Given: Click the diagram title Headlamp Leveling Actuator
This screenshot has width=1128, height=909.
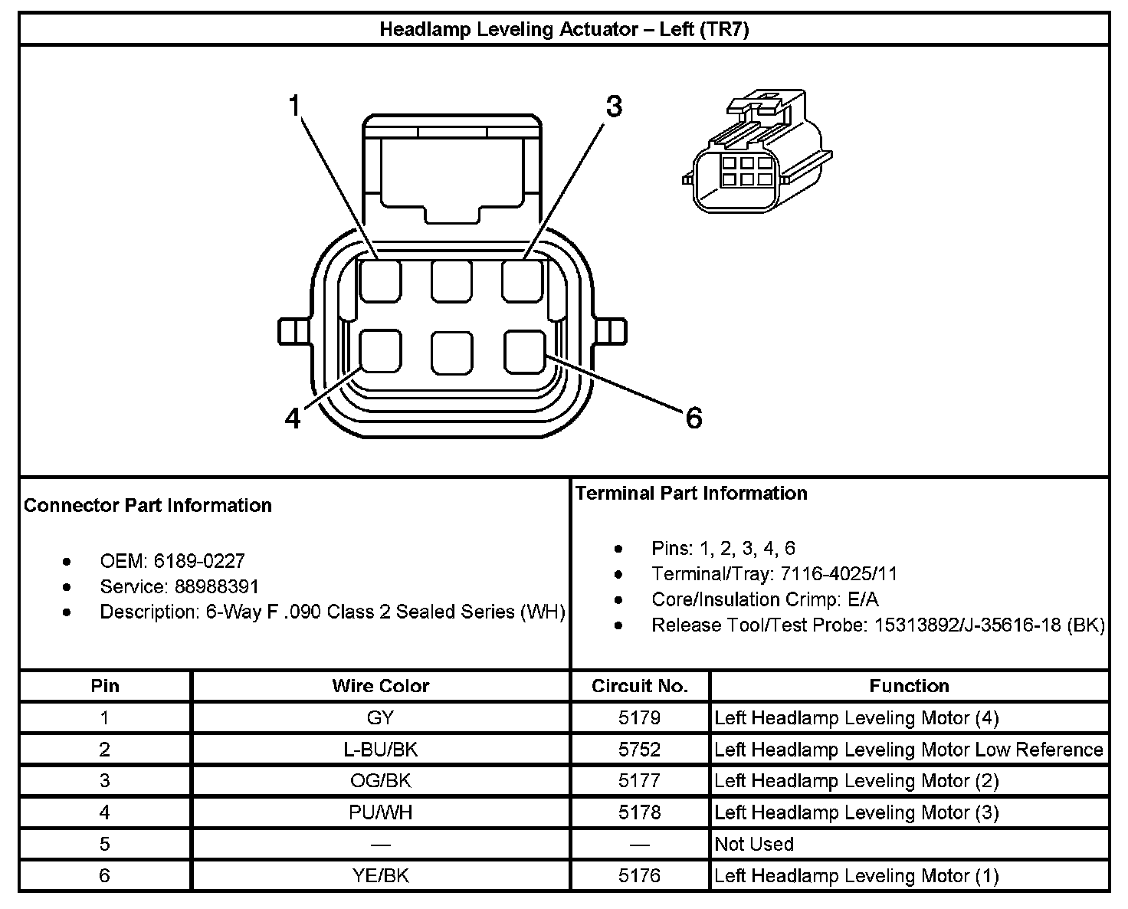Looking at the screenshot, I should pos(564,30).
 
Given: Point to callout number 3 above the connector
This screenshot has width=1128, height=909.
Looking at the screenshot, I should pos(614,107).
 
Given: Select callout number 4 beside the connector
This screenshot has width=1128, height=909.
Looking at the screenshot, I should pos(293,418).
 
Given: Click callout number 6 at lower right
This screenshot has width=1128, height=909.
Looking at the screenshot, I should pos(693,418).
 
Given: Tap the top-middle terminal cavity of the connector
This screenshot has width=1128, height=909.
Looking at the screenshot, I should pos(451,281).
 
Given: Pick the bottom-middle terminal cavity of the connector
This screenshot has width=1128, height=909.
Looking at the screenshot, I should pos(452,353).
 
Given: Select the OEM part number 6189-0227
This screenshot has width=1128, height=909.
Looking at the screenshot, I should pos(199,561).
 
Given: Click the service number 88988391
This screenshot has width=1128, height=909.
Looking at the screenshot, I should pos(217,587).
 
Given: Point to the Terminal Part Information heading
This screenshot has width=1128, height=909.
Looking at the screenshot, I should pos(691,493).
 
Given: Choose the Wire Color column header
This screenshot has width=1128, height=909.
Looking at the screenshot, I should pos(380,686).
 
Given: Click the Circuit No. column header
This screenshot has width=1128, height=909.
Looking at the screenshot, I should pos(640,686).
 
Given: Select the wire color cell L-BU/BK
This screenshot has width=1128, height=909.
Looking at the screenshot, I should pos(380,750).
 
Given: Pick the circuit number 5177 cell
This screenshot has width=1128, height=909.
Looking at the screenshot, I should pos(640,781).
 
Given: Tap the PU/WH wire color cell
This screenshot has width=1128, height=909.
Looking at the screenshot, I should pos(380,812).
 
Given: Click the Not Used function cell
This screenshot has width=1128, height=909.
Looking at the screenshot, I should pos(754,844).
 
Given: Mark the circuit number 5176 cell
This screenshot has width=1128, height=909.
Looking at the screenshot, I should pos(640,875).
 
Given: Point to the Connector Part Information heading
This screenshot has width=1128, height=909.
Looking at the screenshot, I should pos(148,506).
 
